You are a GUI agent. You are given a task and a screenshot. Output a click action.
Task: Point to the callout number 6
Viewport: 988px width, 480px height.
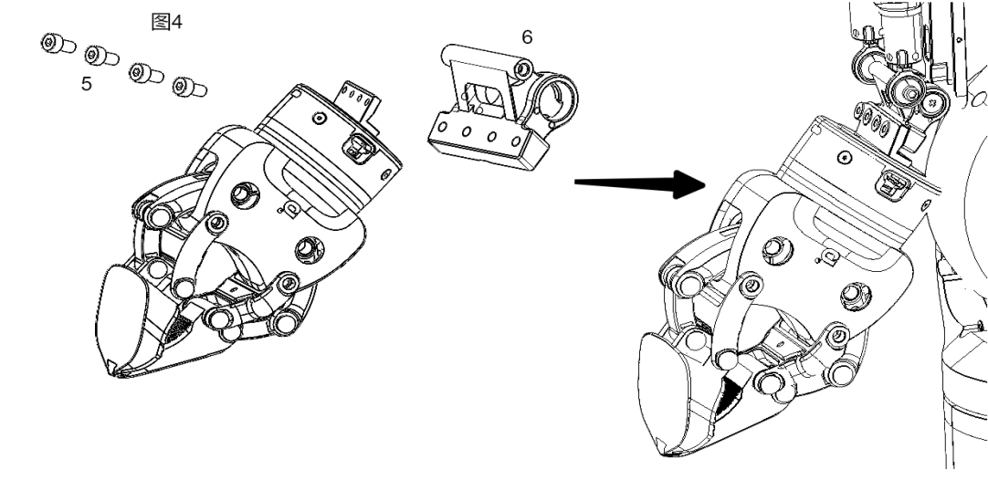[526, 37]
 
